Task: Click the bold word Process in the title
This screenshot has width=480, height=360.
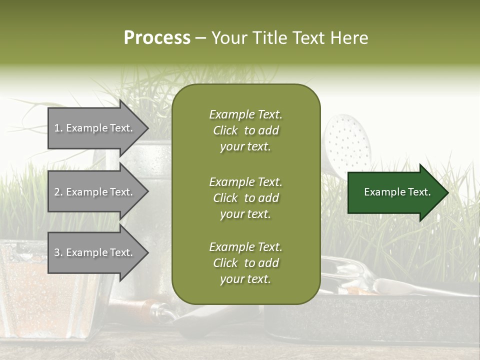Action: pos(157,38)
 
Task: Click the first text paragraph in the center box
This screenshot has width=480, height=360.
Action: pos(245,130)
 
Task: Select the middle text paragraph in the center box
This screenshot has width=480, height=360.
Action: pos(245,198)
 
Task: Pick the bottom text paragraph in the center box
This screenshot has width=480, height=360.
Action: pos(245,263)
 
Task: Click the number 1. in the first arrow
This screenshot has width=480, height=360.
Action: pos(58,128)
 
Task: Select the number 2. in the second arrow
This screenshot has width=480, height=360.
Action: pos(58,192)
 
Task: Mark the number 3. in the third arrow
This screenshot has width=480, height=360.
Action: pos(58,252)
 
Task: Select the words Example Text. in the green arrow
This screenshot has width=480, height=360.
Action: pos(397,192)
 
